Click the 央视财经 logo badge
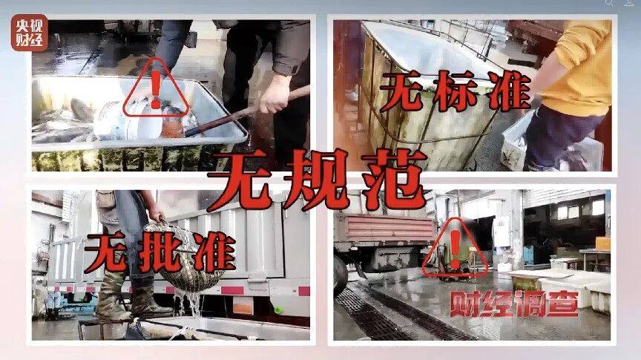point(29,33)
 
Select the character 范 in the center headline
point(388,179)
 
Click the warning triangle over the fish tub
point(155,87)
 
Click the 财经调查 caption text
point(514,304)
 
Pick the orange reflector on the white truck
point(243,306)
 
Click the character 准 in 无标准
point(510,92)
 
